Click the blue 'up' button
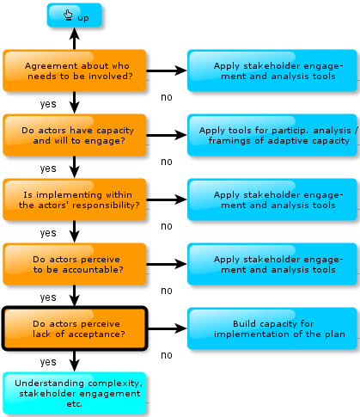[75, 15]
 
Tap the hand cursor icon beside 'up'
[68, 15]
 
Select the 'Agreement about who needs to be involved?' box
[75, 71]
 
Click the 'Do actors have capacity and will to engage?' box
[75, 135]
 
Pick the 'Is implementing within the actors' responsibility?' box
[75, 199]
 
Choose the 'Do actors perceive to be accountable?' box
[75, 264]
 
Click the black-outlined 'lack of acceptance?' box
[75, 328]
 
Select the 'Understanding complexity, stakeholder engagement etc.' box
[75, 393]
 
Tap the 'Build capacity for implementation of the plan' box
[272, 328]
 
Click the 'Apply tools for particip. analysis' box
[272, 135]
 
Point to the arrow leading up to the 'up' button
[75, 39]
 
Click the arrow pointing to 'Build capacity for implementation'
[168, 328]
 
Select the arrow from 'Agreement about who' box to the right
[167, 71]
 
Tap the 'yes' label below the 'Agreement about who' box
[48, 104]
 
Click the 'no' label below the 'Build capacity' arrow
[167, 355]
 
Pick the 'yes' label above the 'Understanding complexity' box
[48, 362]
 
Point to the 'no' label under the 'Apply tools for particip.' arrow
[167, 162]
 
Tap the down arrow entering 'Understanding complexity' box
[75, 361]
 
